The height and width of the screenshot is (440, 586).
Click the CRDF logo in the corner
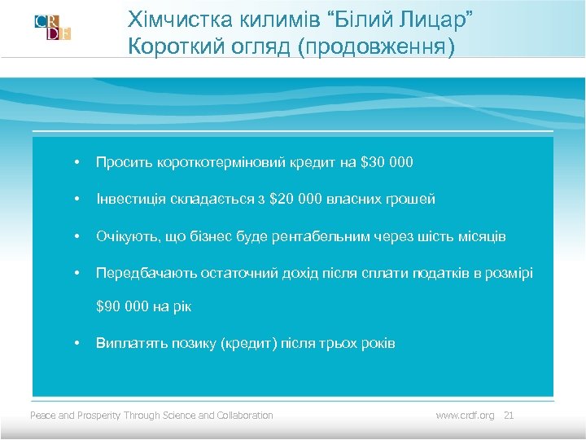pyautogui.click(x=53, y=27)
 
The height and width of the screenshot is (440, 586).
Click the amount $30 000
pyautogui.click(x=386, y=163)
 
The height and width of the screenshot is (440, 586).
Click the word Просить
pyautogui.click(x=122, y=163)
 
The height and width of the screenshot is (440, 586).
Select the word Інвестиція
pyautogui.click(x=129, y=199)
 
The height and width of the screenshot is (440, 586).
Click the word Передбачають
pyautogui.click(x=139, y=272)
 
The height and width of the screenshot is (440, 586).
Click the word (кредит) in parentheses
pyautogui.click(x=249, y=343)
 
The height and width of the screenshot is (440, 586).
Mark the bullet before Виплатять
pyautogui.click(x=75, y=343)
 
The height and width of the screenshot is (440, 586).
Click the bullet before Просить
pyautogui.click(x=75, y=163)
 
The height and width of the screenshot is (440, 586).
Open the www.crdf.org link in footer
pyautogui.click(x=465, y=416)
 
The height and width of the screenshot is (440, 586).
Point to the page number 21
pyautogui.click(x=510, y=416)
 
